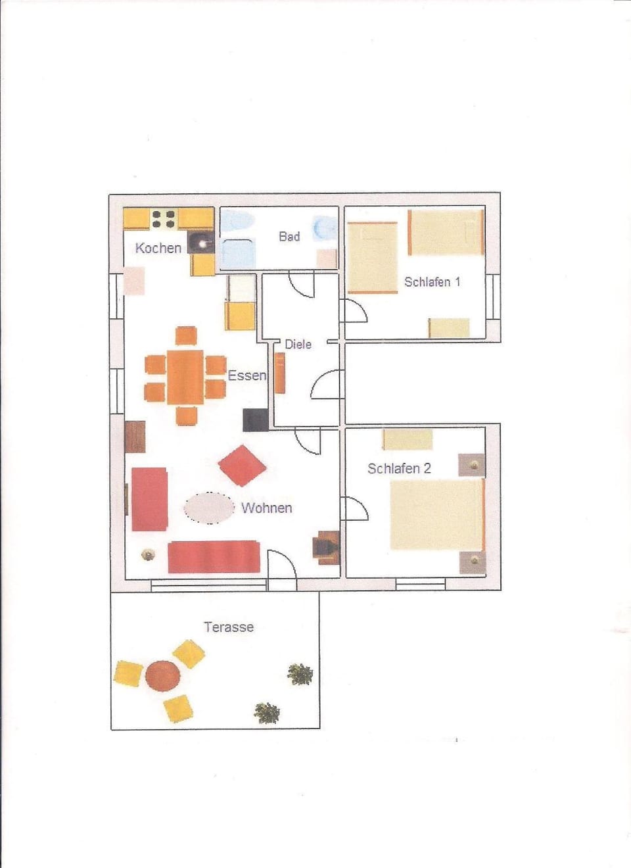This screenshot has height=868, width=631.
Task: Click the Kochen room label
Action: click(158, 248)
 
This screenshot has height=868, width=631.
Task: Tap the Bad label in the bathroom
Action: click(289, 236)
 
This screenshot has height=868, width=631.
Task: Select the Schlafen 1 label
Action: click(432, 281)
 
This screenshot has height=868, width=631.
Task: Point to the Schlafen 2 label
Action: click(399, 468)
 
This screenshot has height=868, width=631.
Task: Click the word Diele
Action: click(298, 344)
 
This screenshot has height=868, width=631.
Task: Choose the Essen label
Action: click(246, 375)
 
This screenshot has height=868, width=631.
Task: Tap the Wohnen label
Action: click(266, 508)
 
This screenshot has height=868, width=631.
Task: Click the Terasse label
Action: click(229, 627)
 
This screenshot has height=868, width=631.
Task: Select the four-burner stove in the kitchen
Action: click(164, 219)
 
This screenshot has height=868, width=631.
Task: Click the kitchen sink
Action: click(201, 243)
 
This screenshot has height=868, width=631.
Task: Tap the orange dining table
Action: click(185, 377)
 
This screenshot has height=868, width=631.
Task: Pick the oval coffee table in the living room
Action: click(209, 508)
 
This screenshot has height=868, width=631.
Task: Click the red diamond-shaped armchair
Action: click(242, 466)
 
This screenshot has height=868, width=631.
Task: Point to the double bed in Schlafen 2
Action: click(438, 514)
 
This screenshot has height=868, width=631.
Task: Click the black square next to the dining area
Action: click(255, 420)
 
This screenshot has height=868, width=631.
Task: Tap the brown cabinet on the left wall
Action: click(135, 437)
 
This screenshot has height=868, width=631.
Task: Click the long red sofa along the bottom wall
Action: click(214, 557)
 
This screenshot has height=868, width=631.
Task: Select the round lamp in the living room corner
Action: click(148, 555)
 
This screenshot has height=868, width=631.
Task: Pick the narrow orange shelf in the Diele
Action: click(279, 373)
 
